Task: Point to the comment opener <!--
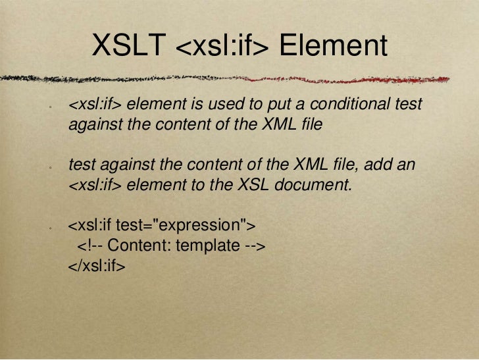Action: point(91,247)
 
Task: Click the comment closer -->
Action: point(255,247)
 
